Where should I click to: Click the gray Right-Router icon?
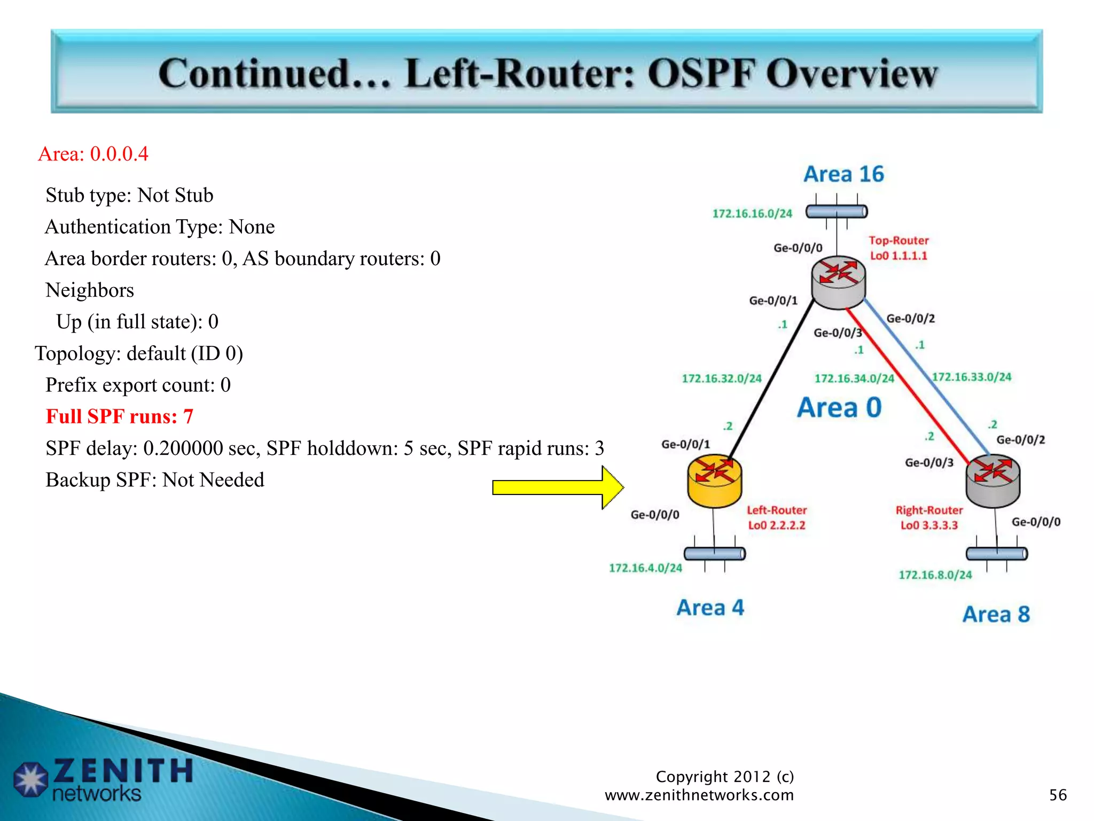pos(993,480)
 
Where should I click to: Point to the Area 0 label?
pos(839,408)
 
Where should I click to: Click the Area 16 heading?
pos(843,174)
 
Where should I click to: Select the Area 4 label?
pos(710,608)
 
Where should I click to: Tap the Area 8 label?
pos(996,614)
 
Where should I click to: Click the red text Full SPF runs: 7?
pos(119,416)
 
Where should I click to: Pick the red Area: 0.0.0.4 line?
pos(93,154)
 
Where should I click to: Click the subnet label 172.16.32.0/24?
pos(721,378)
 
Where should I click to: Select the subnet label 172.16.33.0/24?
pos(971,377)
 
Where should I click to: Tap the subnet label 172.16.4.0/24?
pos(645,568)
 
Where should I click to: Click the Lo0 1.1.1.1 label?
pos(898,255)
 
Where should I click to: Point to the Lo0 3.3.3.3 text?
pos(929,525)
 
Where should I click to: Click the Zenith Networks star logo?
pos(30,779)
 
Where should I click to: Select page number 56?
pos(1058,795)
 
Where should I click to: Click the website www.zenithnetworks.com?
pos(699,795)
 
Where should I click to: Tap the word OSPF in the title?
pos(702,73)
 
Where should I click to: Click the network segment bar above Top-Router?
pos(836,212)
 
